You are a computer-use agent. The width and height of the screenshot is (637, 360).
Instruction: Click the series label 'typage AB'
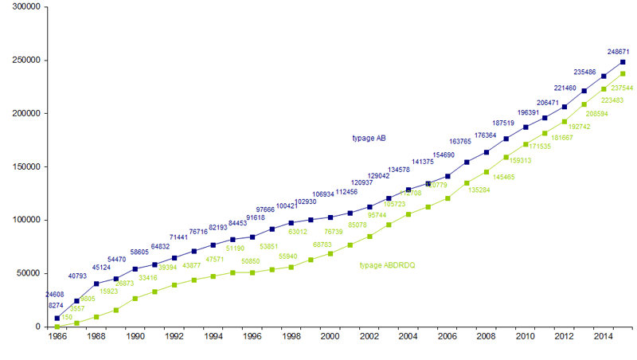[x=369, y=138]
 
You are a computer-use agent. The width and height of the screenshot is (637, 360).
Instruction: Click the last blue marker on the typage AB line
[x=623, y=62]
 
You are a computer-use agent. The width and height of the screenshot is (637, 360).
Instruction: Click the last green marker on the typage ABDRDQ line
[x=623, y=74]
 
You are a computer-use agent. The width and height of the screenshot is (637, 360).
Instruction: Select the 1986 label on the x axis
[x=57, y=338]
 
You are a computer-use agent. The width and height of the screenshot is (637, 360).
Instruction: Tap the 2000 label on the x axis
[x=330, y=338]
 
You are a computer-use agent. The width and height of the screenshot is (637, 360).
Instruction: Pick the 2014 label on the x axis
[x=604, y=338]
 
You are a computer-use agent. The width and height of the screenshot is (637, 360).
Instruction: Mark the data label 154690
[x=444, y=155]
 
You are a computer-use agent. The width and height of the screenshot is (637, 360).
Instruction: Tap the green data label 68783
[x=322, y=245]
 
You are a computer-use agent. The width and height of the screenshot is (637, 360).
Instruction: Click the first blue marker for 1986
[x=57, y=318]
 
